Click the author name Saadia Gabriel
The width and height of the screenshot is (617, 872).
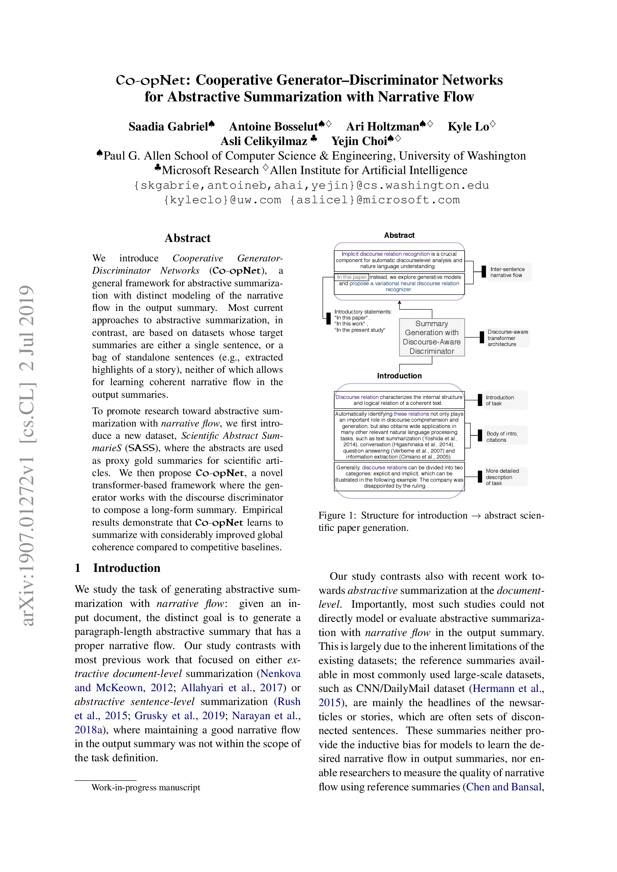(x=168, y=126)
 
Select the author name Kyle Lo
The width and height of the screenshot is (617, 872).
(x=468, y=126)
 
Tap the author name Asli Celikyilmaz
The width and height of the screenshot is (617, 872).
(x=264, y=141)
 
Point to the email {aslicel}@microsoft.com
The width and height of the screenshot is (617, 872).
(x=375, y=200)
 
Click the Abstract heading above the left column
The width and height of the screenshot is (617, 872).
(x=187, y=238)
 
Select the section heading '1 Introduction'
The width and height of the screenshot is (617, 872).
(x=118, y=568)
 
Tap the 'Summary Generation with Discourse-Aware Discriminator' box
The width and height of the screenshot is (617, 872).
(x=432, y=337)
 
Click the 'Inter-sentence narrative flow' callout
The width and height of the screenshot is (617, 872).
(x=507, y=272)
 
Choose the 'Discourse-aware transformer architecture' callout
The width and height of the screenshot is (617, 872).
(x=507, y=338)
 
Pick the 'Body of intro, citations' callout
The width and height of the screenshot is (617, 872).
(x=502, y=437)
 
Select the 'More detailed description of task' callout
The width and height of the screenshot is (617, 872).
(x=502, y=477)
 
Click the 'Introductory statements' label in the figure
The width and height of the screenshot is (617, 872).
(x=363, y=312)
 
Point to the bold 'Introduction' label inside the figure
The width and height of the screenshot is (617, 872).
(x=399, y=376)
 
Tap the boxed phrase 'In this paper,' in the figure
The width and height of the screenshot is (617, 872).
(x=352, y=277)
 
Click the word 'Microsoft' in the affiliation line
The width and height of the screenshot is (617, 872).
(x=185, y=170)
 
